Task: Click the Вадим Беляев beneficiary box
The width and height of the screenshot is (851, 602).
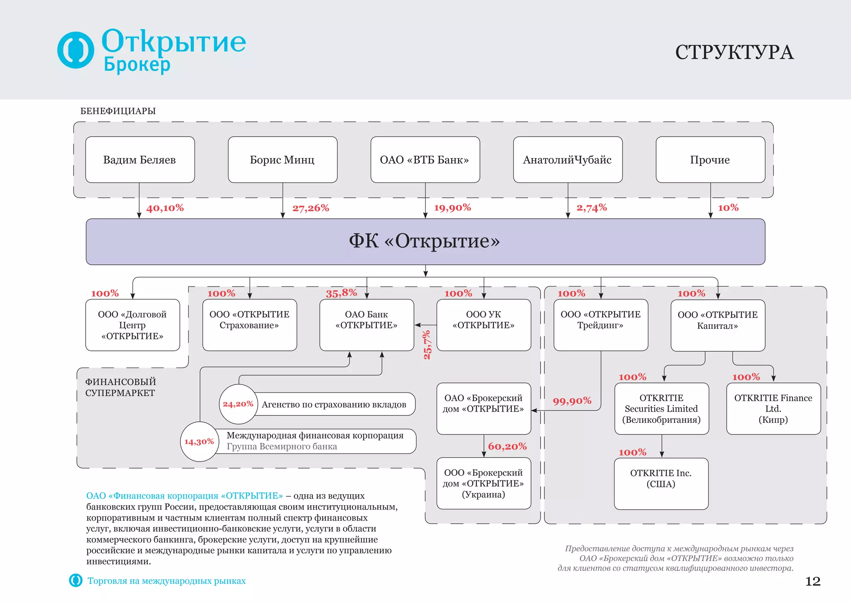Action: coord(140,160)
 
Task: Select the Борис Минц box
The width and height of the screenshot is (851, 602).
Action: coord(283,160)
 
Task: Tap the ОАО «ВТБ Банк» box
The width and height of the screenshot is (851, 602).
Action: coord(425,160)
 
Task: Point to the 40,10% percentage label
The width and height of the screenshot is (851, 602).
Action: coord(165,208)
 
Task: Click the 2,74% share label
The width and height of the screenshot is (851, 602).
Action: coord(592,207)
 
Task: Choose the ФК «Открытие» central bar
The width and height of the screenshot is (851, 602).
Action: coord(425,242)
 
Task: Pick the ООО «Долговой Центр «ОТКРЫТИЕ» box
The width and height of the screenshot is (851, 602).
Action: coord(133,325)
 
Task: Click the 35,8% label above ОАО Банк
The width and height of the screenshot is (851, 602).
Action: coord(342,293)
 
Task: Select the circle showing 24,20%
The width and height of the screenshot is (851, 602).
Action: coord(238,404)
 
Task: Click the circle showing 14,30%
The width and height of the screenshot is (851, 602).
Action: coord(199,442)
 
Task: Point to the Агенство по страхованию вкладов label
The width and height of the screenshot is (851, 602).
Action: coord(334,405)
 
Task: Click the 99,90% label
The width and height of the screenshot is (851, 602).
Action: coord(572,401)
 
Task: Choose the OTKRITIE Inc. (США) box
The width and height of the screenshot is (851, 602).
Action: coord(661,484)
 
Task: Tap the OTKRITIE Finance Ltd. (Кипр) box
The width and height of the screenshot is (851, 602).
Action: coord(773,409)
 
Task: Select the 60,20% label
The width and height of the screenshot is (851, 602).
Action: coord(507,447)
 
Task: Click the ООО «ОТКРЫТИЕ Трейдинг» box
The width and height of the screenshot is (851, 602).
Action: coord(601,325)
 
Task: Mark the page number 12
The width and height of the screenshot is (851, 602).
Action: coord(813,581)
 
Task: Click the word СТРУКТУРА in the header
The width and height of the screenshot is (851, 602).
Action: coord(734,52)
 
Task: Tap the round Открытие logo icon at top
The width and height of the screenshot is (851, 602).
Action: coord(76,50)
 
